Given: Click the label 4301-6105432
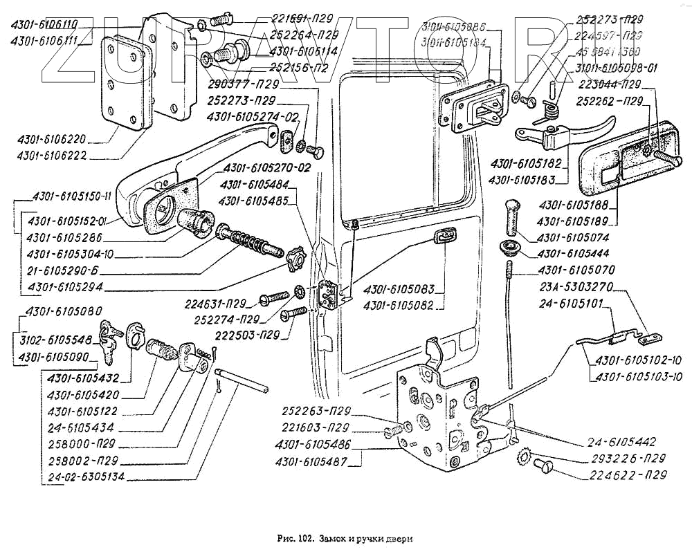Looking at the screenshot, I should (83, 378).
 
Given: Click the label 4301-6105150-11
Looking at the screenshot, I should (72, 196).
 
